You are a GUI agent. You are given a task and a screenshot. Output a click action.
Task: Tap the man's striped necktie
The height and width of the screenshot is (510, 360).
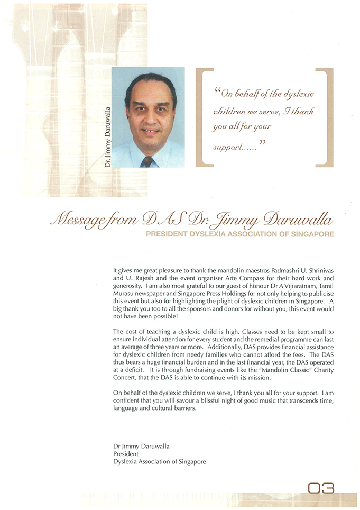point(147,161)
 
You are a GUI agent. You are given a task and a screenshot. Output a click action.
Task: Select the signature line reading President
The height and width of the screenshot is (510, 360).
point(126,453)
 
